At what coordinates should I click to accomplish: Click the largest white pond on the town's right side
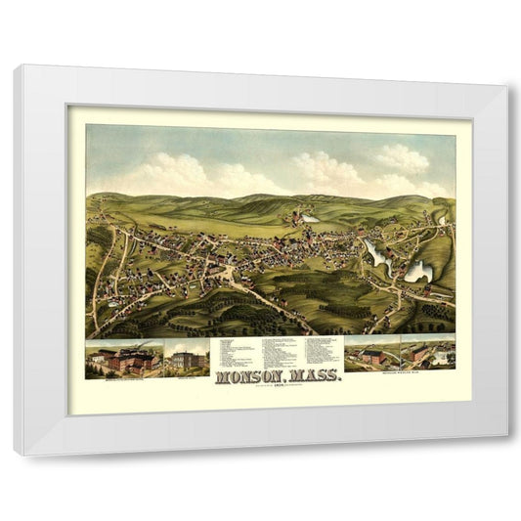pos(419,269)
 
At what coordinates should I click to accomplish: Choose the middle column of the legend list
pos(283,350)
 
